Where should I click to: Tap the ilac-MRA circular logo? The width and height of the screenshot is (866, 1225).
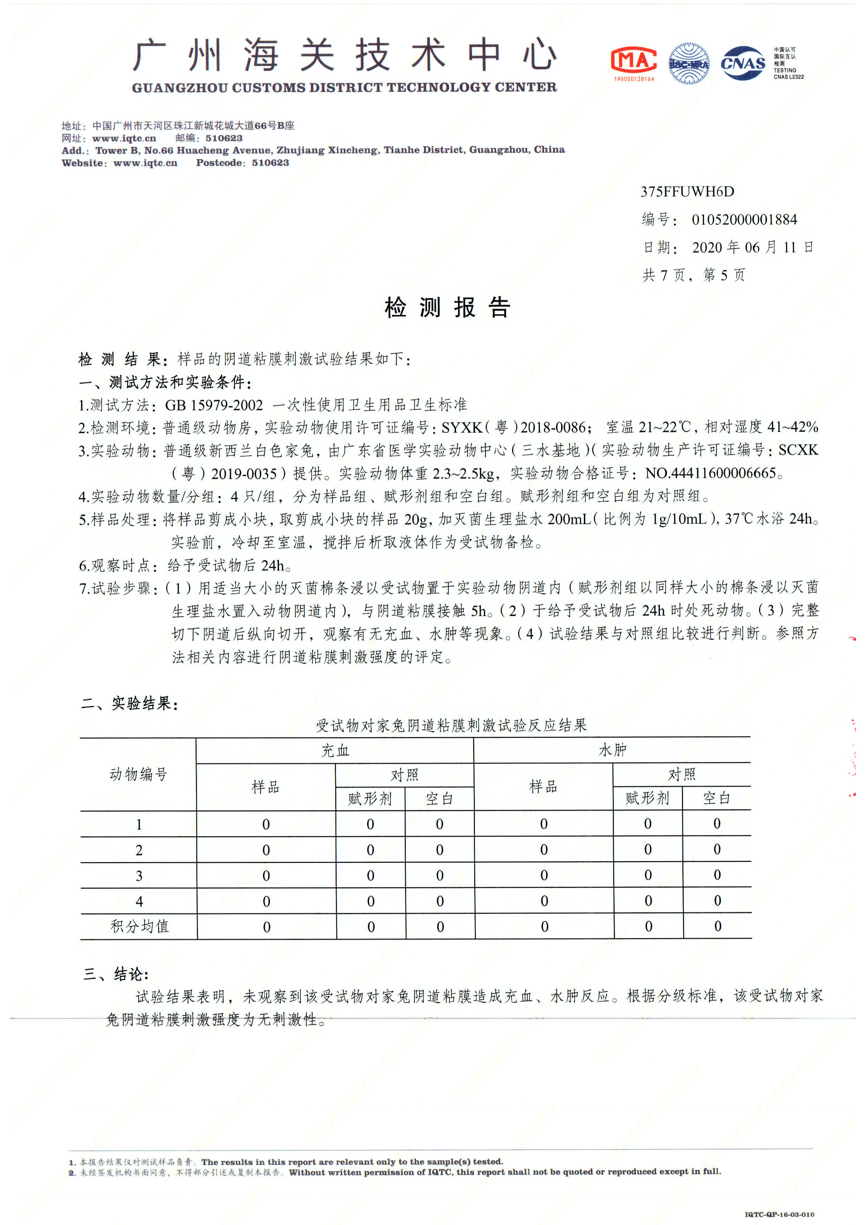pyautogui.click(x=689, y=64)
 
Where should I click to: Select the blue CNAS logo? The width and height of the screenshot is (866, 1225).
pyautogui.click(x=743, y=64)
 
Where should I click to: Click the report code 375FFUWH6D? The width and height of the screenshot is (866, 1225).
pyautogui.click(x=687, y=192)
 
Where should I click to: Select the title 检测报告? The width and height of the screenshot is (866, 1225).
pyautogui.click(x=447, y=308)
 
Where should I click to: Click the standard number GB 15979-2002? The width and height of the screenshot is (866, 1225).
pyautogui.click(x=213, y=405)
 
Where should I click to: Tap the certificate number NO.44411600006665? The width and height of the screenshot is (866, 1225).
pyautogui.click(x=710, y=473)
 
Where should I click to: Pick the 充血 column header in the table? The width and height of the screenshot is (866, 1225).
pyautogui.click(x=335, y=751)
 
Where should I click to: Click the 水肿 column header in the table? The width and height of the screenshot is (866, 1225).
pyautogui.click(x=612, y=750)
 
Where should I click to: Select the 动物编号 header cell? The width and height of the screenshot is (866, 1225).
pyautogui.click(x=138, y=774)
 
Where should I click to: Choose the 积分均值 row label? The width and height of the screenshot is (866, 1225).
pyautogui.click(x=139, y=926)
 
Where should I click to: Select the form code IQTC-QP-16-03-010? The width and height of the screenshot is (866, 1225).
pyautogui.click(x=779, y=1214)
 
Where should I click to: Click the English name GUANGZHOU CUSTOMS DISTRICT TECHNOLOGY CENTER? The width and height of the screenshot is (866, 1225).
pyautogui.click(x=344, y=88)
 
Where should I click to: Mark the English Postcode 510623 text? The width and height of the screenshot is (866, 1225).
pyautogui.click(x=242, y=163)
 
